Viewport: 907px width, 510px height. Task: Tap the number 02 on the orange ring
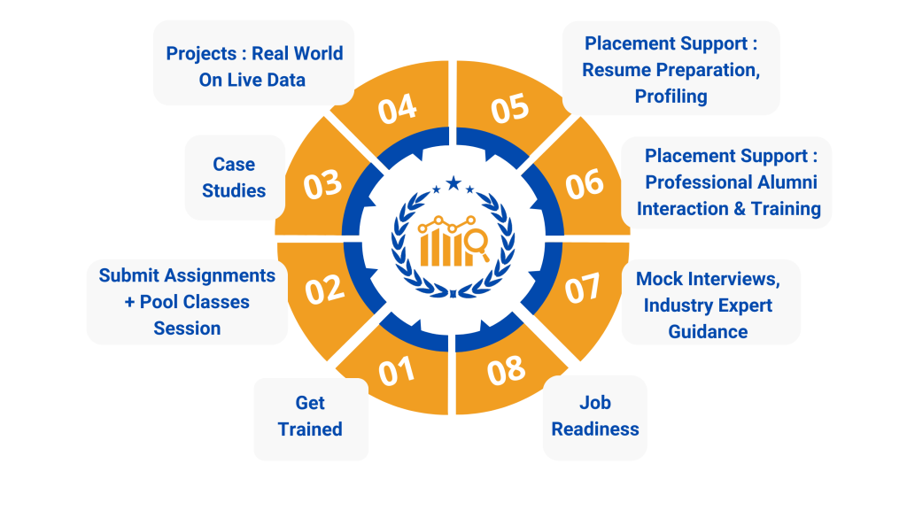tap(325, 290)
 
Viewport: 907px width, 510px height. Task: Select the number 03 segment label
tap(323, 184)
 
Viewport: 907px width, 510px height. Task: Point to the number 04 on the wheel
tap(397, 109)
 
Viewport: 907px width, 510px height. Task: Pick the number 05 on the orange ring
tap(509, 109)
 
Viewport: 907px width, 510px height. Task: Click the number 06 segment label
tap(585, 184)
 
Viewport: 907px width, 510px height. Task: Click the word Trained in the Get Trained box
tap(310, 429)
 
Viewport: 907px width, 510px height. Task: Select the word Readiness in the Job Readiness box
tap(595, 429)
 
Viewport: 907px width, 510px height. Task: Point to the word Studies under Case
tap(234, 190)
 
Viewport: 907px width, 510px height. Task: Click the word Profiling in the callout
tap(671, 97)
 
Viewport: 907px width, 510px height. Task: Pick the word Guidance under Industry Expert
tap(708, 332)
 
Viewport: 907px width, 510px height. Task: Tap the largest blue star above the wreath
tap(453, 183)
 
